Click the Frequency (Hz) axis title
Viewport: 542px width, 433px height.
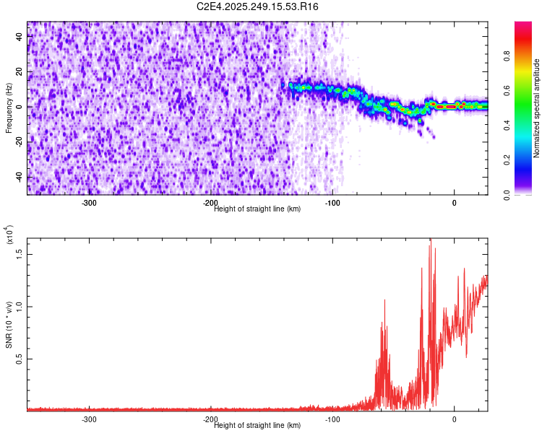9,108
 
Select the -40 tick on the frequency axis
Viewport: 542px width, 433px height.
20,178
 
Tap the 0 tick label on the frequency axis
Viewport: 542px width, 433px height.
20,107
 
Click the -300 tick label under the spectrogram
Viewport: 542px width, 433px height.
89,203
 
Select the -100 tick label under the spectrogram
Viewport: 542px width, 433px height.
332,203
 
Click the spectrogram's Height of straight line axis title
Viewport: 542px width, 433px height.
257,209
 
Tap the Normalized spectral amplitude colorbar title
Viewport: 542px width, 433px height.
537,108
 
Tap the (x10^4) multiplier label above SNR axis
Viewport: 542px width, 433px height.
9,235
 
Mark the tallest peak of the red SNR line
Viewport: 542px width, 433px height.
431,239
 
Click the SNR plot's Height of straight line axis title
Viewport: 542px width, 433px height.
257,425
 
